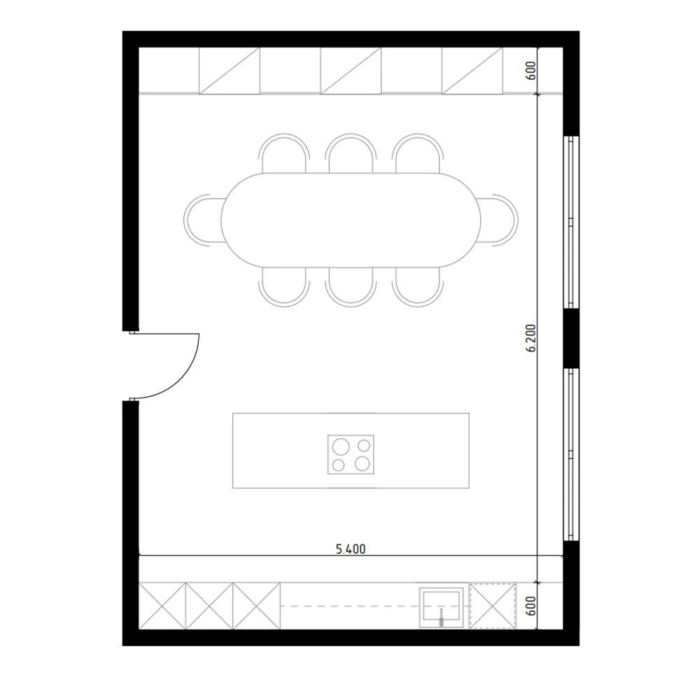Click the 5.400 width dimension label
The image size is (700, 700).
point(351,549)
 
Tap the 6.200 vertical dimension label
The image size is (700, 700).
point(531,338)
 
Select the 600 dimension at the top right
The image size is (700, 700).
point(531,71)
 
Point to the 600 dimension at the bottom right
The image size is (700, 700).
point(531,605)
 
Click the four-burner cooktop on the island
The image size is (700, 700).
point(351,454)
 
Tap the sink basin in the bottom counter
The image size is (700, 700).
point(441,606)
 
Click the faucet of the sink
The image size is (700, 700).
point(441,617)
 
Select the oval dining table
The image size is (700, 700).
point(351,220)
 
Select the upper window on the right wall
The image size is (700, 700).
point(571,222)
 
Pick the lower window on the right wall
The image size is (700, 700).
point(571,454)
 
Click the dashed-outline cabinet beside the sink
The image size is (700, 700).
point(493,605)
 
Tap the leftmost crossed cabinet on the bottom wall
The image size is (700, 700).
point(162,605)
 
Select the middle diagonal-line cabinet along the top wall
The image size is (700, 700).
point(351,71)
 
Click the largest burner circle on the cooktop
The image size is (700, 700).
point(341,446)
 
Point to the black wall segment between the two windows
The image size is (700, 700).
point(571,338)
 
